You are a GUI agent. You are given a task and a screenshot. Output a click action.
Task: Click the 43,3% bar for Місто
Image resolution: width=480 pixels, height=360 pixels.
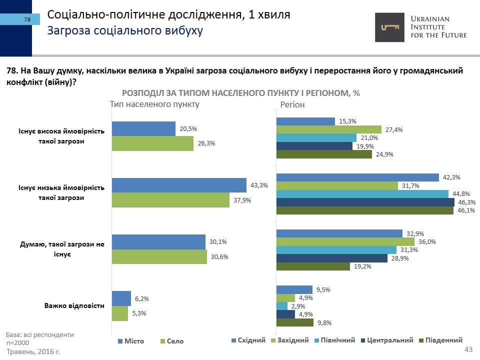[x=179, y=185]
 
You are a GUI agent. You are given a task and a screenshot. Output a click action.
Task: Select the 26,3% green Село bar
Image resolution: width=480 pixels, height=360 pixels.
[x=152, y=143]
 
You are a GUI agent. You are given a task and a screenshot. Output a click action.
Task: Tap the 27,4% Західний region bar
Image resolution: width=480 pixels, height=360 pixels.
[x=328, y=129]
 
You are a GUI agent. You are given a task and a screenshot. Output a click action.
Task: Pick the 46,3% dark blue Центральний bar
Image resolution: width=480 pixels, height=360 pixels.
[x=365, y=202]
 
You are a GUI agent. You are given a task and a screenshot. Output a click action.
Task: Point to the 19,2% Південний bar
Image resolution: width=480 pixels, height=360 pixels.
[x=313, y=266]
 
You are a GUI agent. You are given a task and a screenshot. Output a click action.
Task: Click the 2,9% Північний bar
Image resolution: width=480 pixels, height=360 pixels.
[x=282, y=306]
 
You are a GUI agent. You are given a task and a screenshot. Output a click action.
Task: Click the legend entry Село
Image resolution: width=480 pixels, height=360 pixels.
[x=175, y=341]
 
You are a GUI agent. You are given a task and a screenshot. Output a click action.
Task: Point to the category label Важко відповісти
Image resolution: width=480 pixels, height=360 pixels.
[x=74, y=305]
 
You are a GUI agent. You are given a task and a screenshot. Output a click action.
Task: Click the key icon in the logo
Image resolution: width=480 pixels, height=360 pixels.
[x=390, y=27]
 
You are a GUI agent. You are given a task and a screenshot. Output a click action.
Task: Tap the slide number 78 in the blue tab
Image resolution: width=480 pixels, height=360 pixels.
[x=27, y=19]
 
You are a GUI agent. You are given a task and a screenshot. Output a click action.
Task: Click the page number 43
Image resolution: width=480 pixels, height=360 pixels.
[x=468, y=349]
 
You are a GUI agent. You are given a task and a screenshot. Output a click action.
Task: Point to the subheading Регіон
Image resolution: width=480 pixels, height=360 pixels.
[x=292, y=105]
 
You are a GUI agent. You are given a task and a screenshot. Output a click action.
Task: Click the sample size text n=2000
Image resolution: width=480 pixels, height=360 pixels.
[x=18, y=343]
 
